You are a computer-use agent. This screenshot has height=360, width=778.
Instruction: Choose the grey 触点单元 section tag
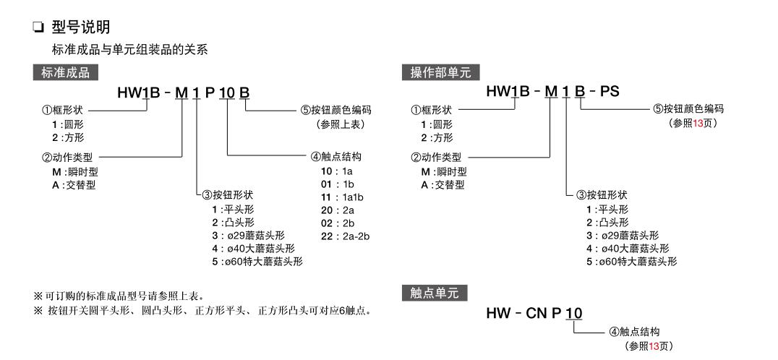[x=434, y=293]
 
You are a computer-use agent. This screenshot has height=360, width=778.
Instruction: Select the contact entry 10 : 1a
[x=335, y=171]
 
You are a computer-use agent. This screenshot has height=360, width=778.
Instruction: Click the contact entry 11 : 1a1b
[x=340, y=197]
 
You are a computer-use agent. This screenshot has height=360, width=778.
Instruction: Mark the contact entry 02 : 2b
[x=335, y=223]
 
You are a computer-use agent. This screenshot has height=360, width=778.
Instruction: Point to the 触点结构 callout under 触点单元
[x=636, y=332]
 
